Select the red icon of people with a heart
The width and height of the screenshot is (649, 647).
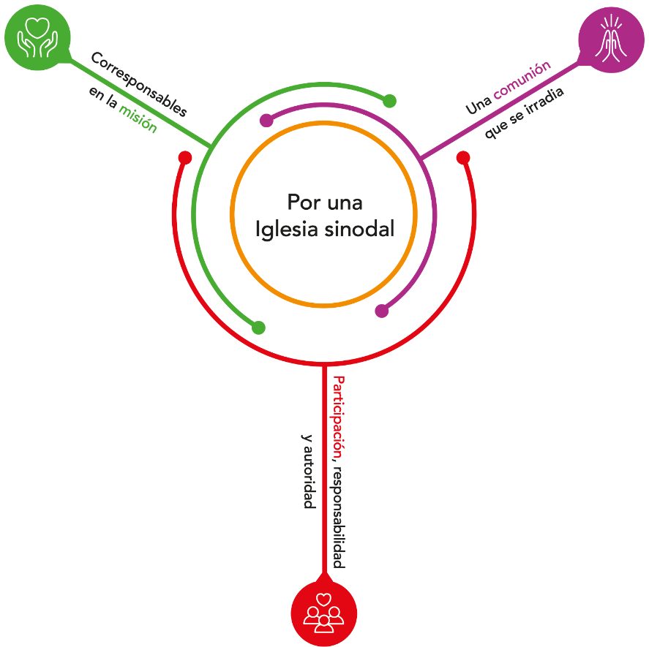click(323, 613)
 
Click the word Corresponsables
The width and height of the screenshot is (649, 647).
click(139, 85)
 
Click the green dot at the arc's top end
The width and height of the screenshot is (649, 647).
click(390, 101)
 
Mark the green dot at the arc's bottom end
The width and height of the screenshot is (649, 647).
click(258, 328)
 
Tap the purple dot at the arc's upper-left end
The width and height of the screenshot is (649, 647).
click(266, 121)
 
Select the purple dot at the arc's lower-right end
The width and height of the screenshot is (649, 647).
click(381, 311)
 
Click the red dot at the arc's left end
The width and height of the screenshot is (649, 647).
click(185, 157)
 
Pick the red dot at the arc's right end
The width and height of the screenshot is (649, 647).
click(462, 157)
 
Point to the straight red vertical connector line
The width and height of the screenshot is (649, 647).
click(323, 475)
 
